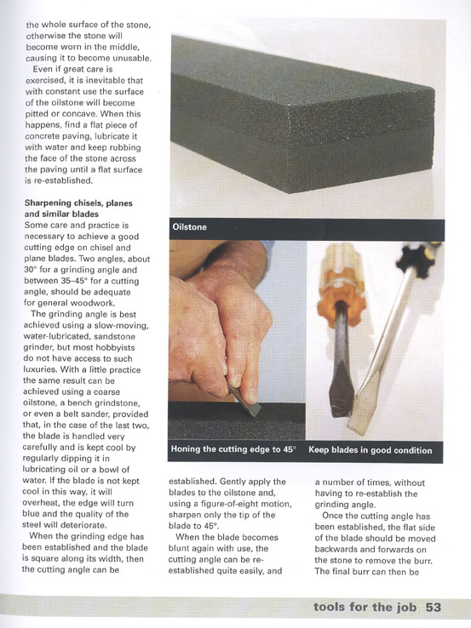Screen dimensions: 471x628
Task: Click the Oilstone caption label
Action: pos(189,227)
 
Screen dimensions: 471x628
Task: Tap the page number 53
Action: pos(433,607)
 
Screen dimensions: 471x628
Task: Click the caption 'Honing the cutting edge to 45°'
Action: pos(233,449)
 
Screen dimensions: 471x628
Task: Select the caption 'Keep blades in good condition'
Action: pos(370,450)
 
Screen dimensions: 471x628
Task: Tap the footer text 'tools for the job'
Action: pos(365,607)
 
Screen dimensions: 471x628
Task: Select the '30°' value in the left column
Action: pos(31,270)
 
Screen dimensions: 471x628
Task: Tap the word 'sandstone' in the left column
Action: pos(115,336)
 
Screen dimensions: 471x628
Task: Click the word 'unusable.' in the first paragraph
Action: pos(131,58)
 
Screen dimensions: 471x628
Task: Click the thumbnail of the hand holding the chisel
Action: pos(238,340)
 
